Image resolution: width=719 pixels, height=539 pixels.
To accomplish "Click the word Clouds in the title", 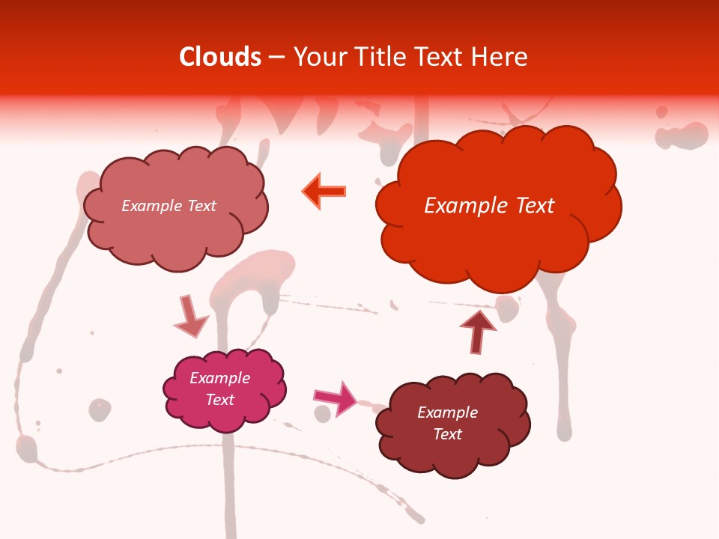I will pyautogui.click(x=220, y=57).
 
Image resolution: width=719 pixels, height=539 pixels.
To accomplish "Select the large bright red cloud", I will pyautogui.click(x=497, y=206).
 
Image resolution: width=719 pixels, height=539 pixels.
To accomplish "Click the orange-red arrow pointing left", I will pyautogui.click(x=324, y=192).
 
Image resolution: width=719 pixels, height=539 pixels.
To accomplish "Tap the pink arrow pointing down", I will pyautogui.click(x=189, y=317).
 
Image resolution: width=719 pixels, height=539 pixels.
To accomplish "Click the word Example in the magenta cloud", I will pyautogui.click(x=219, y=378).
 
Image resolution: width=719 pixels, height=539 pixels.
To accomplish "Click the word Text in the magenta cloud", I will pyautogui.click(x=220, y=400).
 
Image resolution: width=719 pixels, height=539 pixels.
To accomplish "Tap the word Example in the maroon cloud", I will pyautogui.click(x=447, y=412).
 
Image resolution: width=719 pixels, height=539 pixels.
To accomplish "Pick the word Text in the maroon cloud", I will pyautogui.click(x=447, y=434).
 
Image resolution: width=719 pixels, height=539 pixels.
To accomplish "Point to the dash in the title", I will pyautogui.click(x=276, y=58).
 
